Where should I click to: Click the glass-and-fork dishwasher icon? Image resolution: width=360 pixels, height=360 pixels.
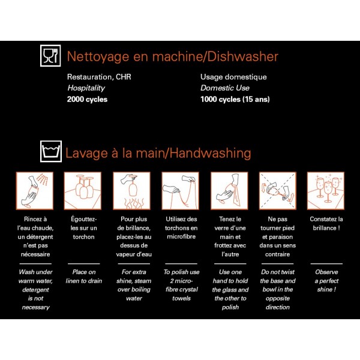pyautogui.click(x=50, y=56)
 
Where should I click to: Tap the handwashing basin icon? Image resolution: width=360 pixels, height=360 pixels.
pyautogui.click(x=51, y=151)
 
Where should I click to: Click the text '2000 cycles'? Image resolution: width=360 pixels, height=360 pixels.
pyautogui.click(x=87, y=100)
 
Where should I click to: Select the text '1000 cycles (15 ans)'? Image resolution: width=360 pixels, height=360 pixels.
pyautogui.click(x=235, y=99)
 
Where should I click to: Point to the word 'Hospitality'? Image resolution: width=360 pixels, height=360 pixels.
pyautogui.click(x=86, y=88)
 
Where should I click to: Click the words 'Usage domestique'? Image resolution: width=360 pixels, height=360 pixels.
pyautogui.click(x=233, y=77)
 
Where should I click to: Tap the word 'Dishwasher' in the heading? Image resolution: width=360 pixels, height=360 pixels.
pyautogui.click(x=242, y=56)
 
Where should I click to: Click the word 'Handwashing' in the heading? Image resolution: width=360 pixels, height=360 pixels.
pyautogui.click(x=211, y=153)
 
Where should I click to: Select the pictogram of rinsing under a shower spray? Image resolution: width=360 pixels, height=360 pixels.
pyautogui.click(x=35, y=191)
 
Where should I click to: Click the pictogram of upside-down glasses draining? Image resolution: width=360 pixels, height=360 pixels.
pyautogui.click(x=83, y=191)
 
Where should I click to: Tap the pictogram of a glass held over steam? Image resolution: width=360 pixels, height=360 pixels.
pyautogui.click(x=132, y=191)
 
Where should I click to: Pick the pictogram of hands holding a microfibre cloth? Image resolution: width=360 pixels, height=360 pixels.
pyautogui.click(x=181, y=191)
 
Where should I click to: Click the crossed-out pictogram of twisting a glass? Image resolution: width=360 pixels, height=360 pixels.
pyautogui.click(x=278, y=191)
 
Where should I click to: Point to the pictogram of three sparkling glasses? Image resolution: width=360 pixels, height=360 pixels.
pyautogui.click(x=326, y=191)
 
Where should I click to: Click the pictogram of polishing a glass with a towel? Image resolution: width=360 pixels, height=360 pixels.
pyautogui.click(x=229, y=191)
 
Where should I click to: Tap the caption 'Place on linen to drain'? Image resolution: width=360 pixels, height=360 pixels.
pyautogui.click(x=84, y=277)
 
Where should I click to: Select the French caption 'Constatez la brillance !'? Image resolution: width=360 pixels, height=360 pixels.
pyautogui.click(x=326, y=223)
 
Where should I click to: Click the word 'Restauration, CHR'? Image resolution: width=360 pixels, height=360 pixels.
pyautogui.click(x=99, y=77)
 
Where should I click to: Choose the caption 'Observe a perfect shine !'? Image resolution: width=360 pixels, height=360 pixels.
pyautogui.click(x=326, y=281)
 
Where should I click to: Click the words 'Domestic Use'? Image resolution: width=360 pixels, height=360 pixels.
pyautogui.click(x=225, y=88)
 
